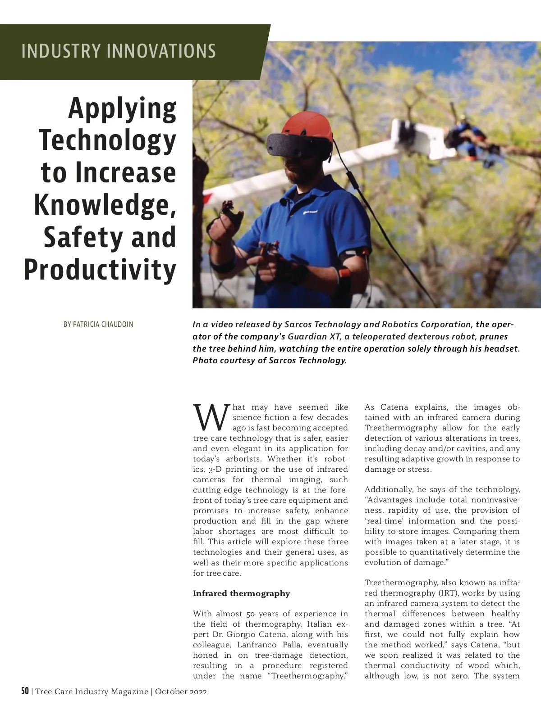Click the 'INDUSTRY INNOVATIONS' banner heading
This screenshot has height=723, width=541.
(x=119, y=51)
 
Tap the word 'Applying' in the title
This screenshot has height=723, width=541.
(x=122, y=108)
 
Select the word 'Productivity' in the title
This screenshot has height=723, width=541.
(x=100, y=270)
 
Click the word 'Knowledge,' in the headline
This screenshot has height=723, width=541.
(x=105, y=205)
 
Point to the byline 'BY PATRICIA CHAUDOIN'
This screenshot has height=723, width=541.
(x=98, y=324)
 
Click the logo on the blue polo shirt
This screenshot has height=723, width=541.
(x=310, y=211)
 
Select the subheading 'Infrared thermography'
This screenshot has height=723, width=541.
(x=241, y=593)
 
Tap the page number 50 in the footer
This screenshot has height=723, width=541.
(x=25, y=691)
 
